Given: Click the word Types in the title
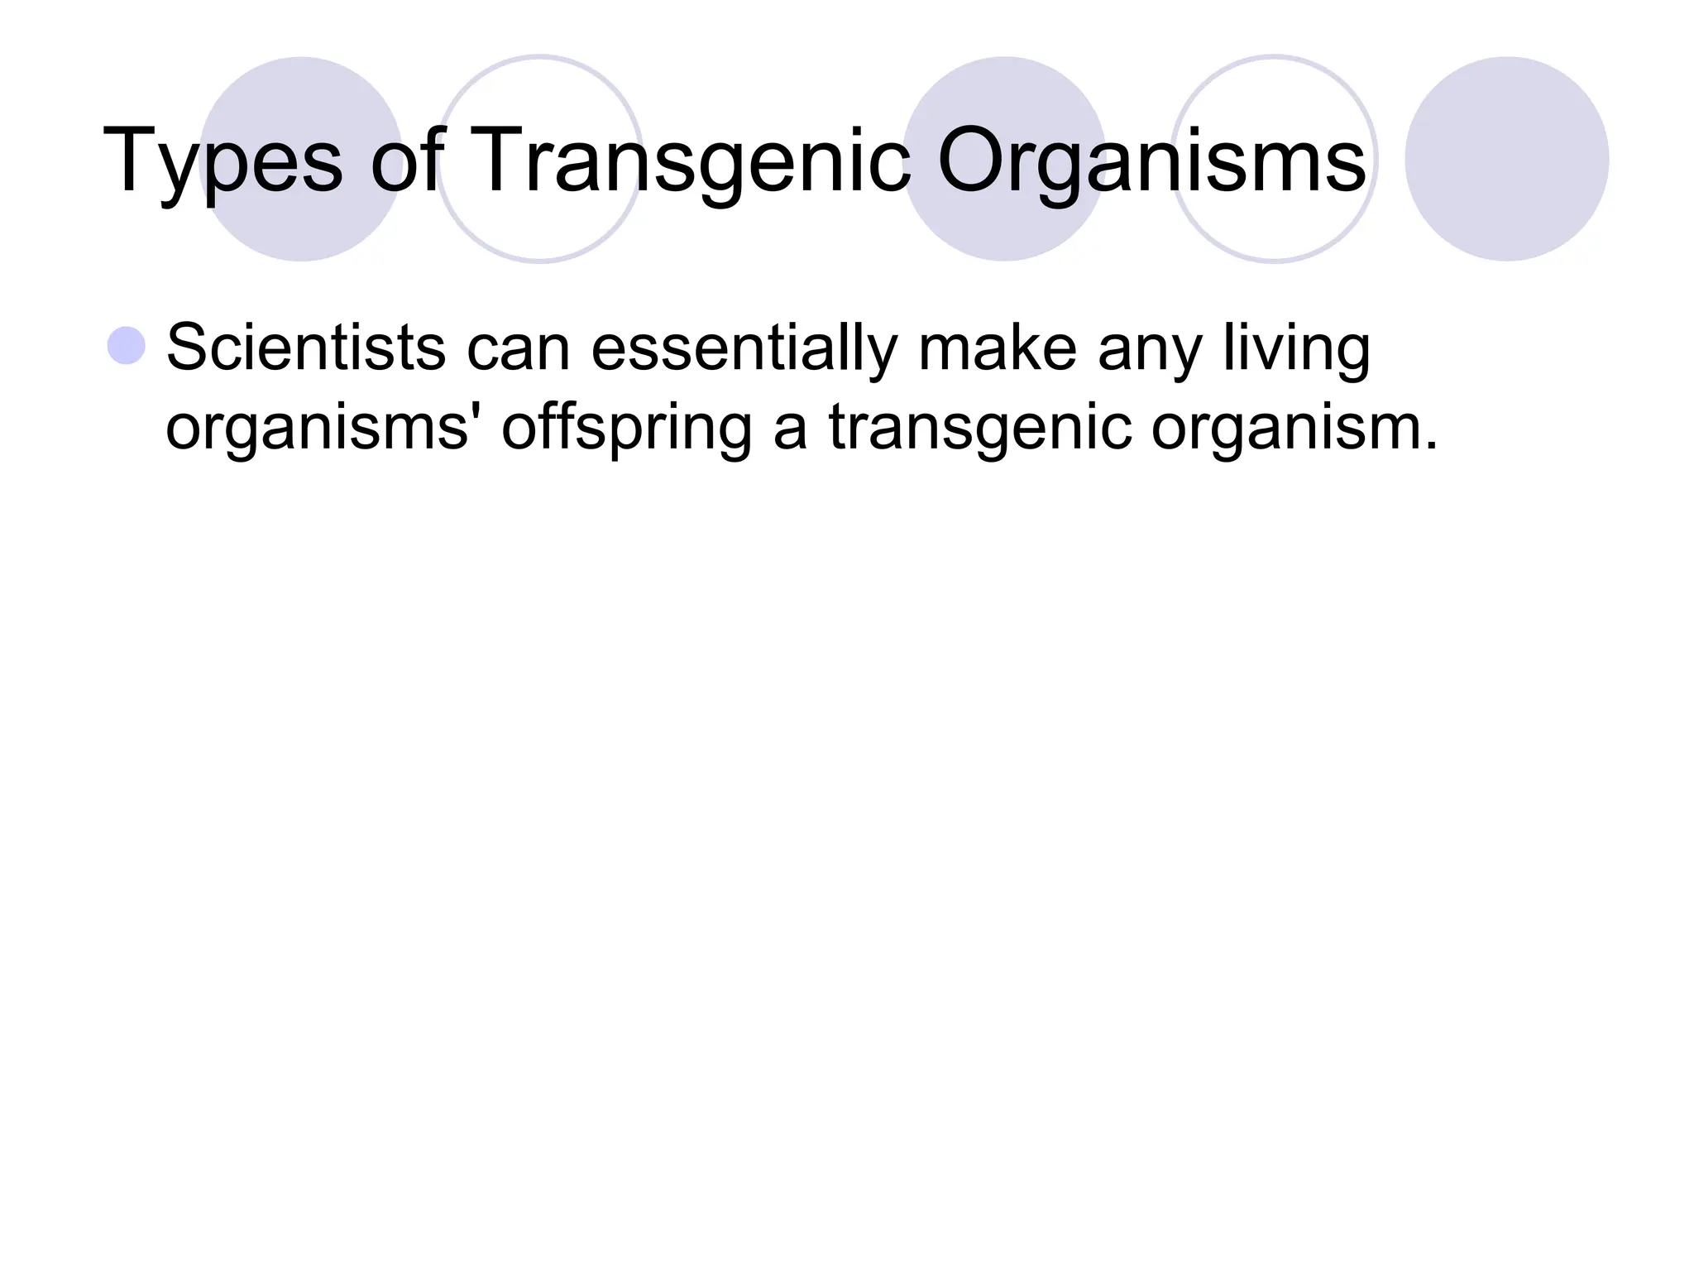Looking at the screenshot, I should [222, 161].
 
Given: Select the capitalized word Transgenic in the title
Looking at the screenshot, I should [692, 161].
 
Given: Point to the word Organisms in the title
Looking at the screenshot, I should [1151, 161].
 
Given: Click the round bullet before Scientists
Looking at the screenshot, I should [127, 346].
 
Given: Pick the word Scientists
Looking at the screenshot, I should [305, 348].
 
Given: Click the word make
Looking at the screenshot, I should [997, 348].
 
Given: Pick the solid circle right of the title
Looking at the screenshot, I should [1506, 159].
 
